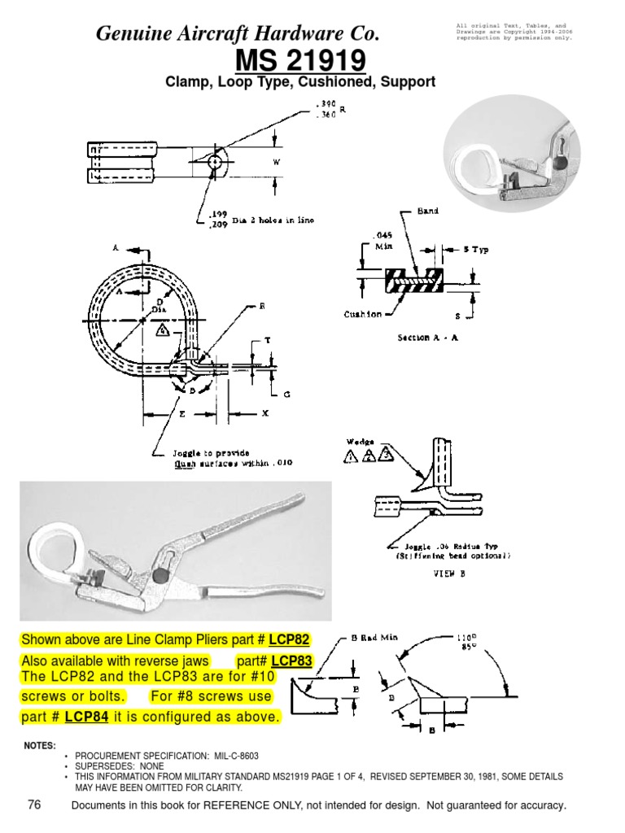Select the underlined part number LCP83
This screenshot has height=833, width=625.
[291, 660]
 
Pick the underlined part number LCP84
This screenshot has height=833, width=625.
[87, 717]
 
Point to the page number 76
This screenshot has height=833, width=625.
[34, 805]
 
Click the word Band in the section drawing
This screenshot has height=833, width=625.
[427, 211]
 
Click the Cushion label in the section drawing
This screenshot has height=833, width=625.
[361, 313]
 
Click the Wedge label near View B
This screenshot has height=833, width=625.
[361, 442]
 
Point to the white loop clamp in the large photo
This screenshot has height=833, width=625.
[54, 547]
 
